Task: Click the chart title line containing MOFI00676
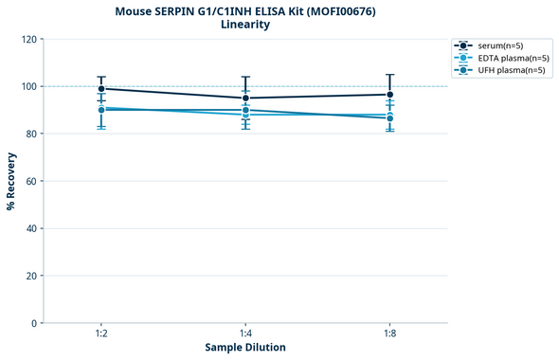pos(244,10)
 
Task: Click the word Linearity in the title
pos(244,25)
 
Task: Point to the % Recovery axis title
pos(11,180)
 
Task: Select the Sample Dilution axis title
pos(245,348)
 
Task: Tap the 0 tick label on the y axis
pos(33,323)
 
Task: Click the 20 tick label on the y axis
pos(30,276)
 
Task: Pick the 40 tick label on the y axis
pos(30,228)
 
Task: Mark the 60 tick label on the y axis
pos(30,181)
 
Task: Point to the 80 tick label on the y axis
pos(30,134)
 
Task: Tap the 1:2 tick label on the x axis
pos(101,334)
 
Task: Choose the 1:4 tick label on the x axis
pos(245,334)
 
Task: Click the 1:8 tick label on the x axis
pos(389,334)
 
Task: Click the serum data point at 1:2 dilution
pos(101,89)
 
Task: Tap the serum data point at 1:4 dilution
pos(245,98)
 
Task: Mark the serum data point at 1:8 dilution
pos(389,95)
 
